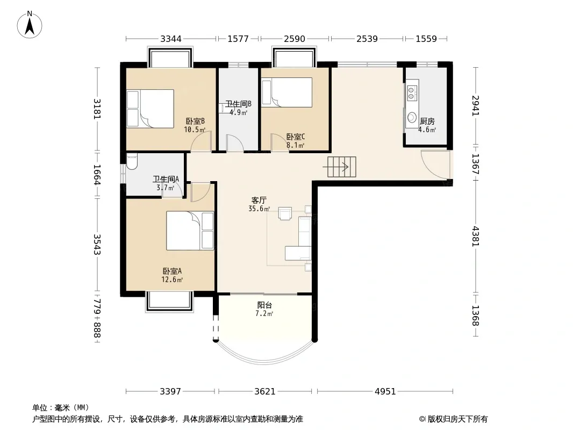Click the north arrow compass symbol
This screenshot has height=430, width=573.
30,25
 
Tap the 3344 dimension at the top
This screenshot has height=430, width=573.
170,39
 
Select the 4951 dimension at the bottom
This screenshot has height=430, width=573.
385,392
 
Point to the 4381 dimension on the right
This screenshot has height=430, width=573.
475,236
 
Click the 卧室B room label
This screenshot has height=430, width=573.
195,121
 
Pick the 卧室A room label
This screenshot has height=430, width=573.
172,271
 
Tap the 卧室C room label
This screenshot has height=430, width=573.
295,137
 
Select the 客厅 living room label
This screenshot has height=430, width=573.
259,200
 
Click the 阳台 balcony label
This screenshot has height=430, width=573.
264,305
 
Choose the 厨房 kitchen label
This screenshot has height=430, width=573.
427,121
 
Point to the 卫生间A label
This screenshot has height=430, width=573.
166,180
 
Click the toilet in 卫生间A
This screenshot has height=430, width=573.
132,161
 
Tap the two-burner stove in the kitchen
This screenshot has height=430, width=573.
412,93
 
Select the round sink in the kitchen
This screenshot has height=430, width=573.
412,118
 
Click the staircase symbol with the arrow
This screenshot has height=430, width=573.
341,167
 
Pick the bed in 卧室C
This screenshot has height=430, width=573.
287,92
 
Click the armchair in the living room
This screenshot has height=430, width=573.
285,213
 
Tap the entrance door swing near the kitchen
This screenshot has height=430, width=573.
435,164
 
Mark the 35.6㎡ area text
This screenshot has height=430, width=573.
259,209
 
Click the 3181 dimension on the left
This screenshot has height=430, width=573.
97,109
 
